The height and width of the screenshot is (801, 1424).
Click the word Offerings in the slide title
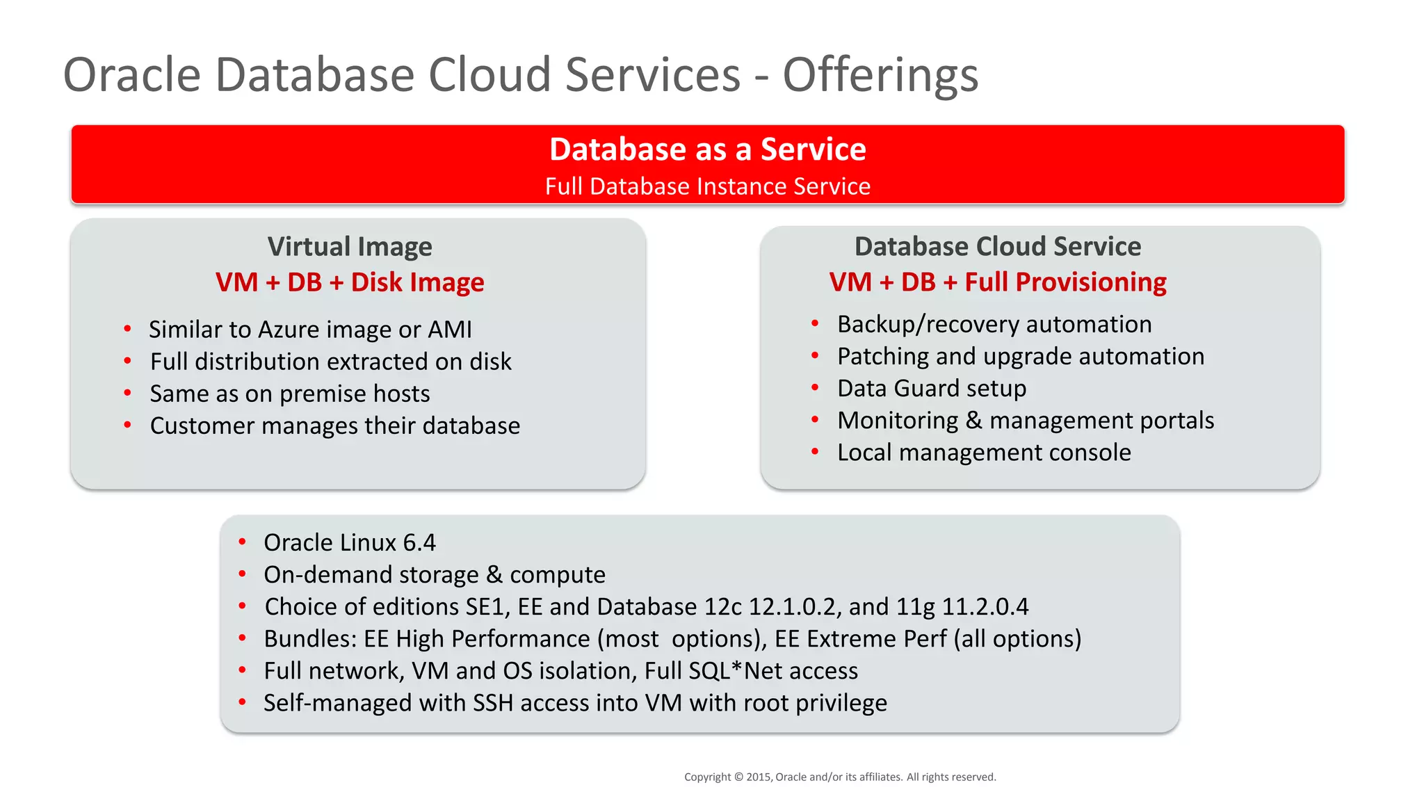[880, 75]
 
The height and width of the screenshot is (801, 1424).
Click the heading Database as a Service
[707, 149]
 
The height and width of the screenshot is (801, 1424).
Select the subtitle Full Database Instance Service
[707, 186]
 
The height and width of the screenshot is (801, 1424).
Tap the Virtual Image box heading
[350, 247]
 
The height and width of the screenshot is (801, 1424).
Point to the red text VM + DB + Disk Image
[350, 282]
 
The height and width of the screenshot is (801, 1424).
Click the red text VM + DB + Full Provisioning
[997, 282]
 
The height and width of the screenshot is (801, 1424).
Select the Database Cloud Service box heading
[997, 247]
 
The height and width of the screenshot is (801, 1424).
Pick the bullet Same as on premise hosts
[290, 394]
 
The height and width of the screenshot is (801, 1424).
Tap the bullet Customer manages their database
[334, 426]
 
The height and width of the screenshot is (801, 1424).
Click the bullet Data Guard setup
[931, 389]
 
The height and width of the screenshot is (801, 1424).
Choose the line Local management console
[984, 453]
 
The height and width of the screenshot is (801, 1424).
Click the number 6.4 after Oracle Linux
[419, 543]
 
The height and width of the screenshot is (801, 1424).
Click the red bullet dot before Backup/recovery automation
[815, 323]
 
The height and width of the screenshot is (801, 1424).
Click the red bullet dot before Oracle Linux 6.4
[242, 542]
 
